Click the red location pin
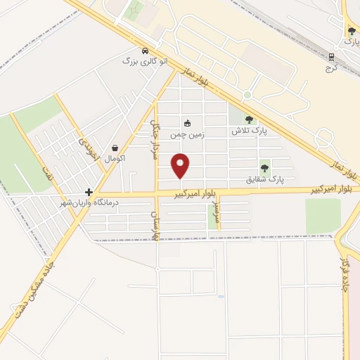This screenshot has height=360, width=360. click(181, 166)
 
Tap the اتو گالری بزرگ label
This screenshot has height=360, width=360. click(146, 62)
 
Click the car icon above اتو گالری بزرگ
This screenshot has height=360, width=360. click(145, 51)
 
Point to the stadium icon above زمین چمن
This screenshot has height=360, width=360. click(187, 123)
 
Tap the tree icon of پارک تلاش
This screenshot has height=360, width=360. click(249, 120)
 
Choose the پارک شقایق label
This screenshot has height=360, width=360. click(265, 179)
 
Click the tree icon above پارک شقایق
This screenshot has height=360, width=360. click(264, 167)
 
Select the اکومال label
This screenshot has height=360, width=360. click(115, 159)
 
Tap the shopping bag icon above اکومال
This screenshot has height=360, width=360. click(115, 148)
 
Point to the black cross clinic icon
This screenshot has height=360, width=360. click(89, 192)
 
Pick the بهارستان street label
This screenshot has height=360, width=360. click(156, 224)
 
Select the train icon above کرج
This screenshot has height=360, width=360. click(332, 56)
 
